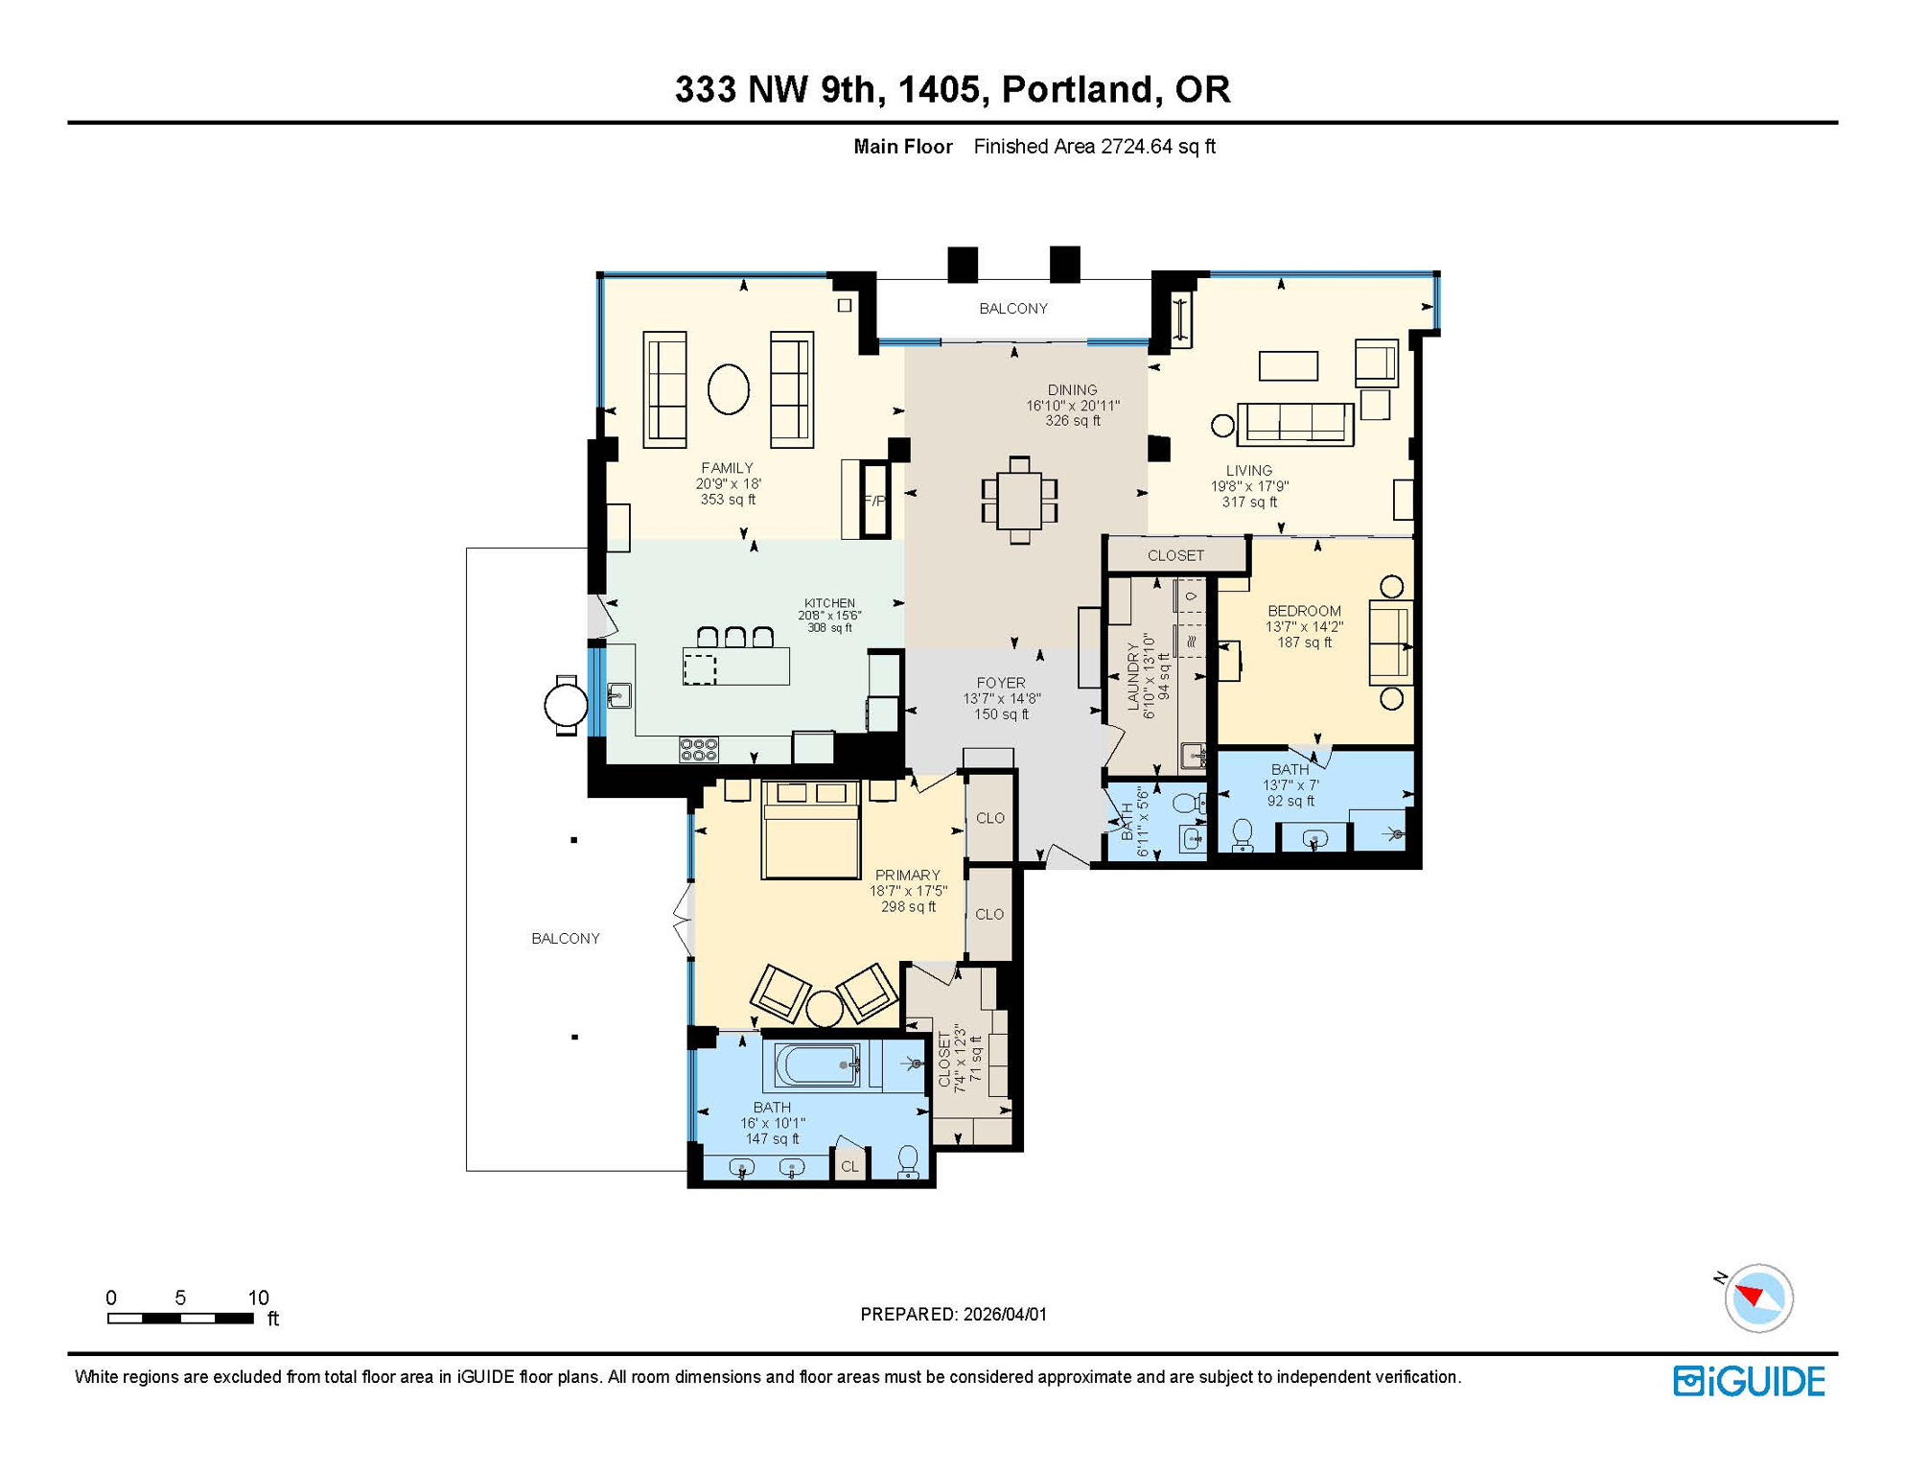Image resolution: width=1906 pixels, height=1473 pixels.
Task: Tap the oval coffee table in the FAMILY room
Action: (x=729, y=389)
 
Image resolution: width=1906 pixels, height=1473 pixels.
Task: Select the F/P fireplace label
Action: (x=873, y=501)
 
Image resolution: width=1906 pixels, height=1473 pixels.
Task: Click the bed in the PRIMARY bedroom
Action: (x=811, y=830)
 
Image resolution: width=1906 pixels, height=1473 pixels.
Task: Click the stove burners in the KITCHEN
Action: (x=698, y=749)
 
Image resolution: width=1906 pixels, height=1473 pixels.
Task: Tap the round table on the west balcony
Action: (x=566, y=706)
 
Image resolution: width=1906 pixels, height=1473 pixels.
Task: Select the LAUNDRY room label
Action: (x=1133, y=676)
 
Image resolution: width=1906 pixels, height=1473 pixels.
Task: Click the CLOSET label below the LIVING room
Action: (x=1175, y=555)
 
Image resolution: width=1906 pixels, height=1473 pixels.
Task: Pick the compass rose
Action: (x=1758, y=1298)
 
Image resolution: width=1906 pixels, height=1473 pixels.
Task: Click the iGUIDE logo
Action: (x=1749, y=1381)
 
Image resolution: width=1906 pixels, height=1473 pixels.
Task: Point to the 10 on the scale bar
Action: (x=258, y=1298)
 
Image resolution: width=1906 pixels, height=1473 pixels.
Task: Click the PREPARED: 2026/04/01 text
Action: (x=953, y=1314)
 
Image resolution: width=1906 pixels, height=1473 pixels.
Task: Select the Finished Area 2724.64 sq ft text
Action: (x=1094, y=147)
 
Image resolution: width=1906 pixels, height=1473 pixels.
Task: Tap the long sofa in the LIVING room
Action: (x=1294, y=424)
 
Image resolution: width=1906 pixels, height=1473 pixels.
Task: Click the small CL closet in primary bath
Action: (x=849, y=1166)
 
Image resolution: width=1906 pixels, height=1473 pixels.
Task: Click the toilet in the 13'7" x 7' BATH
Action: (x=1243, y=834)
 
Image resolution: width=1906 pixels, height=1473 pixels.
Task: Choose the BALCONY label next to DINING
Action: (x=1012, y=308)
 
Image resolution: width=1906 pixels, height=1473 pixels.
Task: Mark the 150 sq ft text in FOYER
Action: (x=1001, y=714)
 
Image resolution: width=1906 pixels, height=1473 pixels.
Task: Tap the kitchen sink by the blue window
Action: (x=619, y=695)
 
